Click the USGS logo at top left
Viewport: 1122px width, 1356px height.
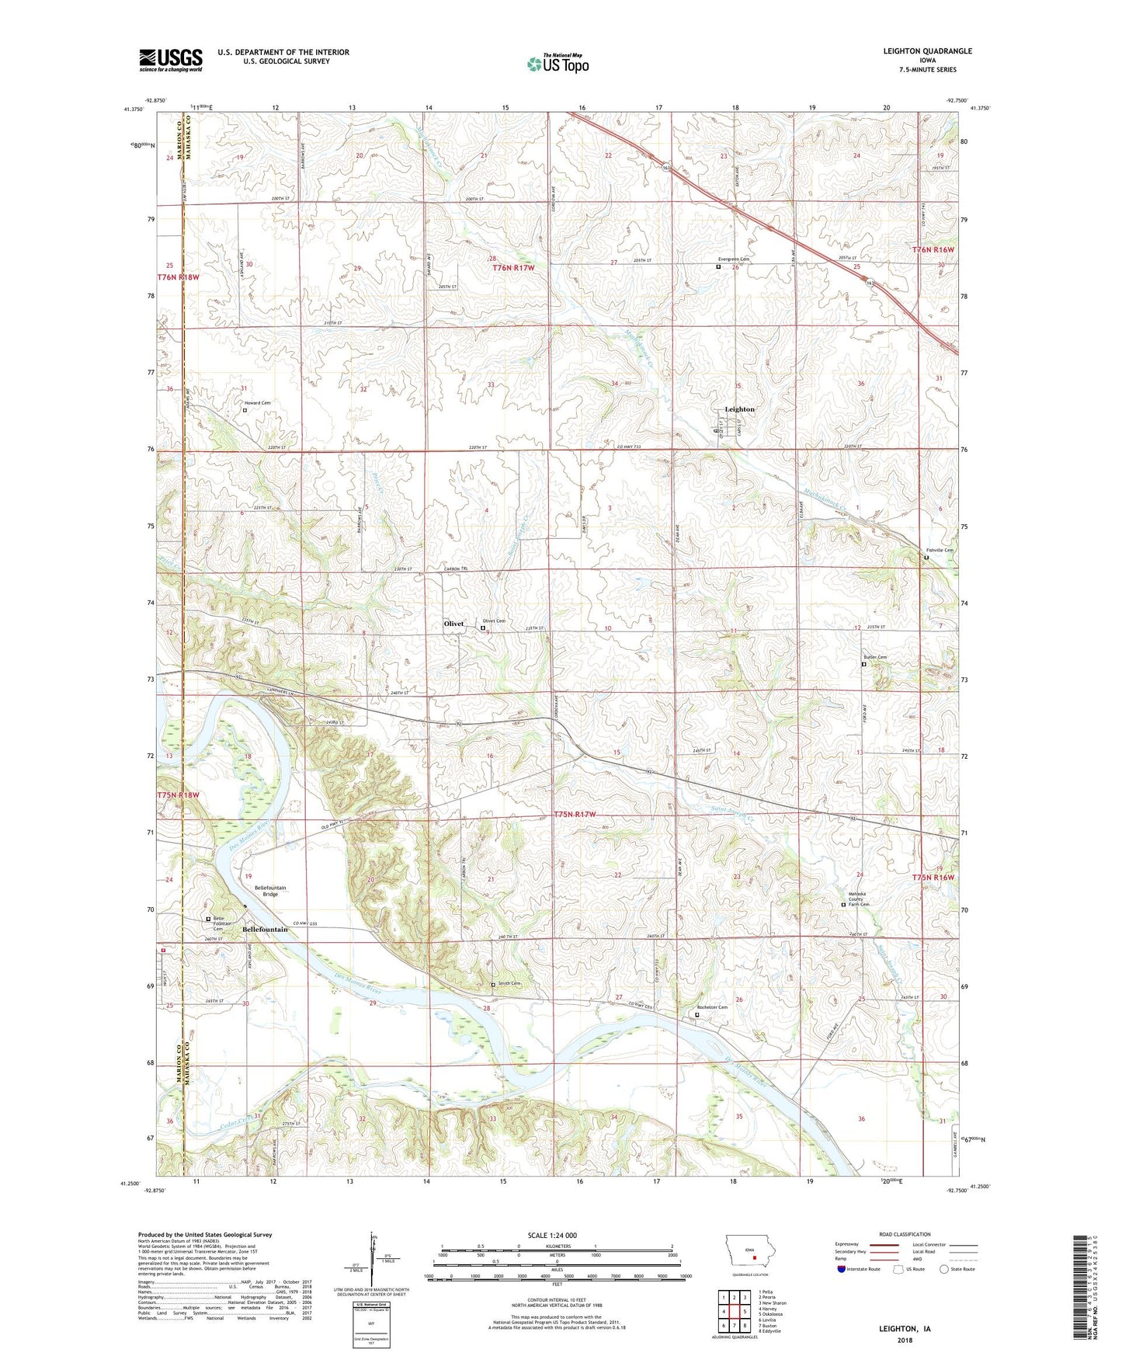[171, 60]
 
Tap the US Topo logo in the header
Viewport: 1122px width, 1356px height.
[558, 64]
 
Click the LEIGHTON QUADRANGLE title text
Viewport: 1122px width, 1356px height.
[927, 51]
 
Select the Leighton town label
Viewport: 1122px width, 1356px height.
[738, 409]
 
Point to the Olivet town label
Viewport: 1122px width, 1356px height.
[453, 624]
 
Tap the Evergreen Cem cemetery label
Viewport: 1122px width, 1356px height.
[734, 259]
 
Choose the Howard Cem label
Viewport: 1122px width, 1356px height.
[258, 403]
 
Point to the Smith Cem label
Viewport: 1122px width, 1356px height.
[509, 983]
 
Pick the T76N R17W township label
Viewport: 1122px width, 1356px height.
[514, 267]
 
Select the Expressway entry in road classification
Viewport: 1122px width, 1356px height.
[848, 1244]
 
